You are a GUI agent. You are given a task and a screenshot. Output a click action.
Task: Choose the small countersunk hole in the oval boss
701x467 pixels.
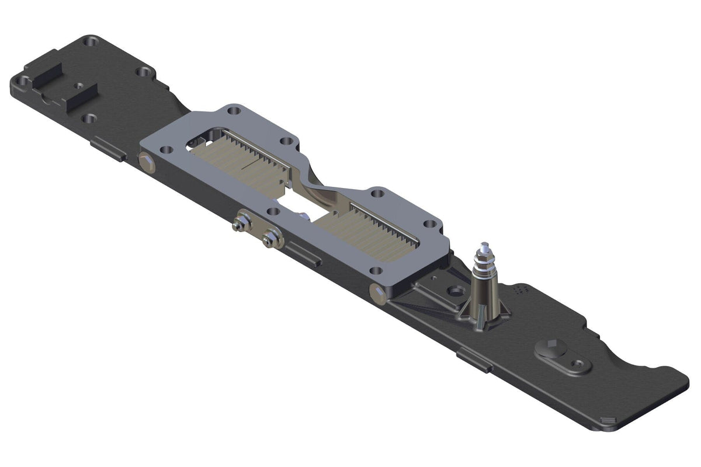578,363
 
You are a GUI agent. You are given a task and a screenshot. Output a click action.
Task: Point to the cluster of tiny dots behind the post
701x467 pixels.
520,288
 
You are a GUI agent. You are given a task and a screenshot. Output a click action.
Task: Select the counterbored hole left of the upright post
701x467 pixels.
454,290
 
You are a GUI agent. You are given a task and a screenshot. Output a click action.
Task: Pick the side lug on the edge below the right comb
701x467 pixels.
304,255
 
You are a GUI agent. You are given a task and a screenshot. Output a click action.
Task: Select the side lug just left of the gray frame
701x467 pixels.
109,150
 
